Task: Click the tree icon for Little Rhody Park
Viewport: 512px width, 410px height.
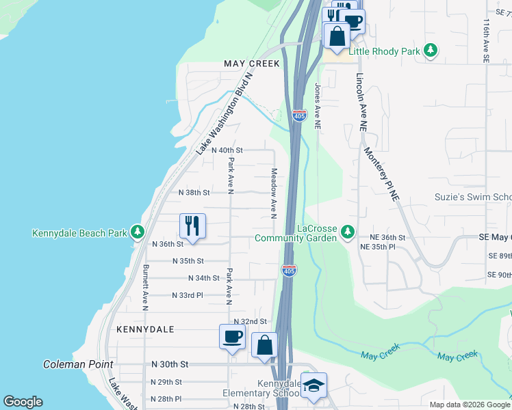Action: click(x=431, y=51)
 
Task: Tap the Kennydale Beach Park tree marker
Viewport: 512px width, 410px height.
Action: click(x=138, y=232)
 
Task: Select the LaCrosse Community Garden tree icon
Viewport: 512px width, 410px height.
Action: click(x=348, y=232)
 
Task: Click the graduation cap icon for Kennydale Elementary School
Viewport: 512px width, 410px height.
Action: click(x=314, y=385)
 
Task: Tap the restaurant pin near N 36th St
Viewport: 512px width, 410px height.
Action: click(x=192, y=225)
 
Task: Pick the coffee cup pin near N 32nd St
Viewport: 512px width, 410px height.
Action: click(x=232, y=337)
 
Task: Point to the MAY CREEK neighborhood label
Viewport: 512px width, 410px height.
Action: click(x=252, y=64)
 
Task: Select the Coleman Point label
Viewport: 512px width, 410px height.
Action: click(x=78, y=364)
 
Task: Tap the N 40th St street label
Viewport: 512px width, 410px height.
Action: click(x=227, y=150)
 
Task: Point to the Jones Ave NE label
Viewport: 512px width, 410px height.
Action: click(x=317, y=107)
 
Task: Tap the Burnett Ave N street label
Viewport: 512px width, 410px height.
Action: click(x=145, y=288)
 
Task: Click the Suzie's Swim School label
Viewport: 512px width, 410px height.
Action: click(x=473, y=197)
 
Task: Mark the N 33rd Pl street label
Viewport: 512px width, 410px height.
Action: click(x=187, y=295)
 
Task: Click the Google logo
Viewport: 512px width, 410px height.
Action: click(x=23, y=402)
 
